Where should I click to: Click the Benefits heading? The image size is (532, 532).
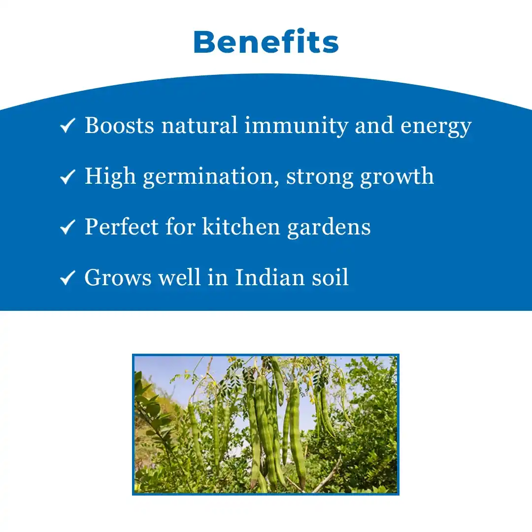[x=266, y=42]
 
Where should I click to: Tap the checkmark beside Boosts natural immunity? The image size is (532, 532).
[x=67, y=125]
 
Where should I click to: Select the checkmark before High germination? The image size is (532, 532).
[x=67, y=176]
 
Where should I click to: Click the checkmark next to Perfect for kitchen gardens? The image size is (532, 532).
[x=67, y=227]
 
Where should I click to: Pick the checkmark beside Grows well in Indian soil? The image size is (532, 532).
[x=67, y=278]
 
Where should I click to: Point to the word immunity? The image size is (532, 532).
[x=296, y=126]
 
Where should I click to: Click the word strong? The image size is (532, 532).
[x=320, y=178]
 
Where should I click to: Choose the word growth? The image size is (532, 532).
[x=397, y=177]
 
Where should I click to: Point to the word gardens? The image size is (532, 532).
[x=329, y=228]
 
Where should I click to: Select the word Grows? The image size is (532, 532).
[x=118, y=277]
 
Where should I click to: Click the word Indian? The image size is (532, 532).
[x=270, y=277]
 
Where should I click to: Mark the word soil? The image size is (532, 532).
[x=330, y=277]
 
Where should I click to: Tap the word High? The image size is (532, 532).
[x=110, y=177]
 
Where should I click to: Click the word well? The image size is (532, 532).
[x=179, y=277]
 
